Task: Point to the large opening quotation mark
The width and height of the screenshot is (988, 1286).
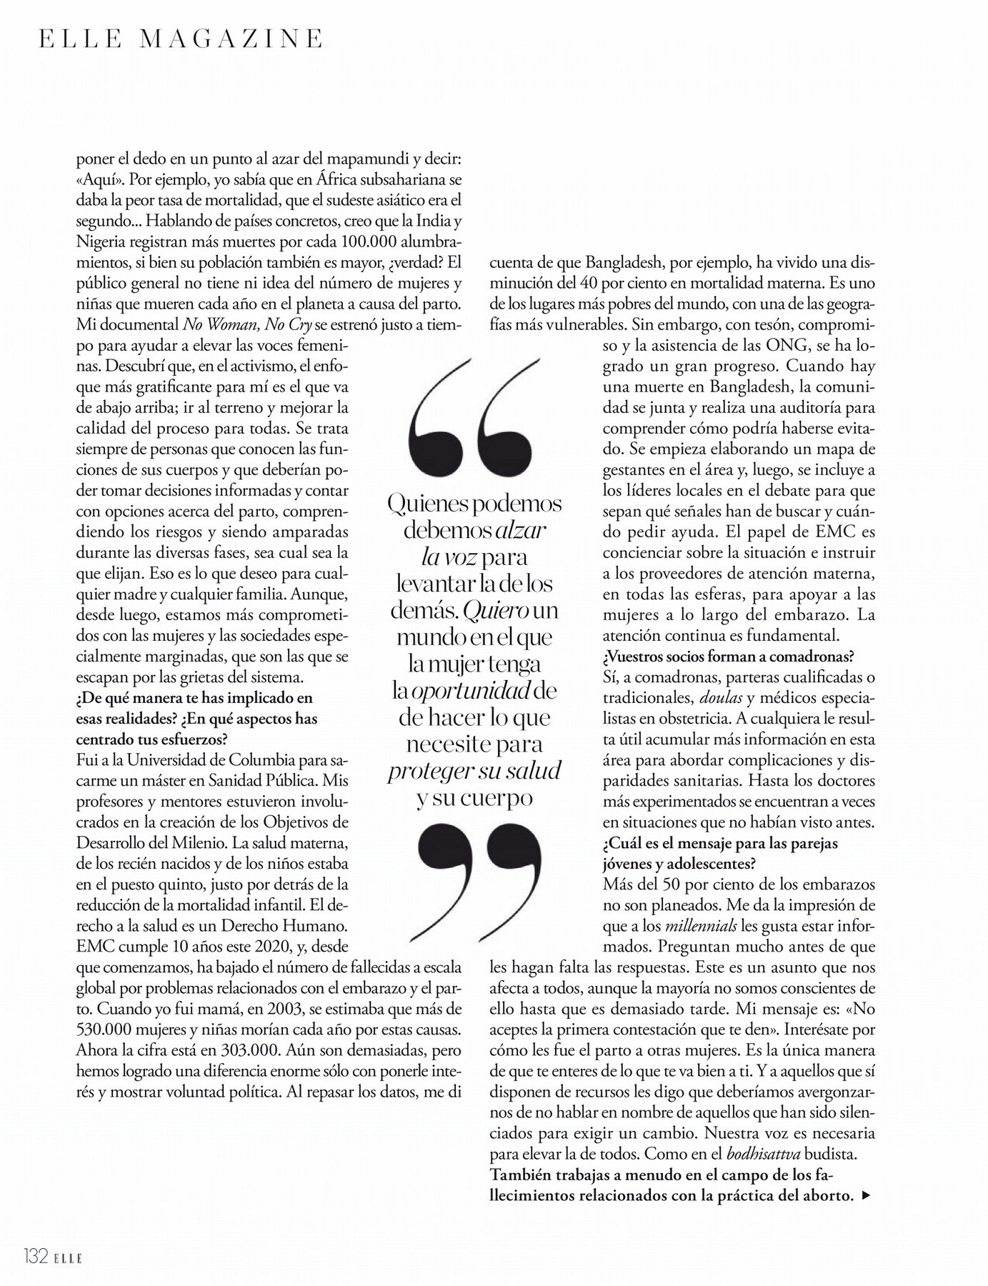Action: pos(471,416)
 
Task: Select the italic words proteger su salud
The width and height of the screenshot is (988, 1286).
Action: pos(474,771)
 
